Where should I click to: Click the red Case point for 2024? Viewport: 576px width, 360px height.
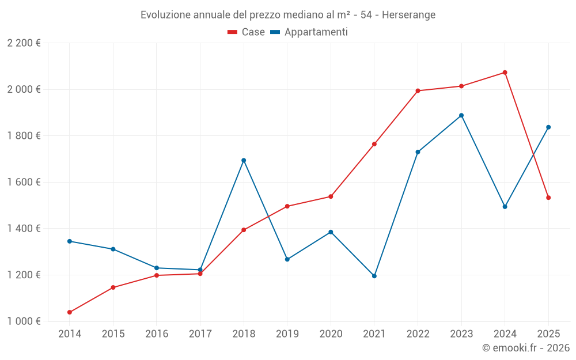[x=505, y=73]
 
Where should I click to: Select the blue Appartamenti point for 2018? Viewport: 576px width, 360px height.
[x=244, y=160]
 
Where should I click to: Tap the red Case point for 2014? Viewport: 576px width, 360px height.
[x=70, y=312]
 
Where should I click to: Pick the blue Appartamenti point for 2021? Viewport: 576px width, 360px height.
[x=374, y=276]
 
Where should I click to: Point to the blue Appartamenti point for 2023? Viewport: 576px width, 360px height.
[x=461, y=115]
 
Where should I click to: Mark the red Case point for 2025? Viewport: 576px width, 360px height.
[x=548, y=198]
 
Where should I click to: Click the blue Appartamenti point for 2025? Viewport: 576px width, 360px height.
[x=548, y=127]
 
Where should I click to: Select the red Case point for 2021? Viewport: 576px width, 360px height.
[x=374, y=144]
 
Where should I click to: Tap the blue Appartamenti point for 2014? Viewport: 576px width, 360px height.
[x=70, y=241]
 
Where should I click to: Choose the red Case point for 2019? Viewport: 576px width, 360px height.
[x=287, y=206]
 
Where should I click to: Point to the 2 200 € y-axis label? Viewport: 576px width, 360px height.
[x=24, y=43]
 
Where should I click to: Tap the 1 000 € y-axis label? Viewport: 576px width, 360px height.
[x=24, y=321]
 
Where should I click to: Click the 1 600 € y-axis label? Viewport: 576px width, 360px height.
[x=24, y=182]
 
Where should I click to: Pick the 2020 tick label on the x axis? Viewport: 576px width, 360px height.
[x=331, y=334]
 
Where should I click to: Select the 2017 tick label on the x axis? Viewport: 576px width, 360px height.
[x=200, y=334]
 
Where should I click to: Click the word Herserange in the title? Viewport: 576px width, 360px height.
[x=408, y=14]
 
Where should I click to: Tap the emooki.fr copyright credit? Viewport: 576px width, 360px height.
[x=525, y=348]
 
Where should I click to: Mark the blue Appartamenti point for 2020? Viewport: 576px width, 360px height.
[x=331, y=232]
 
